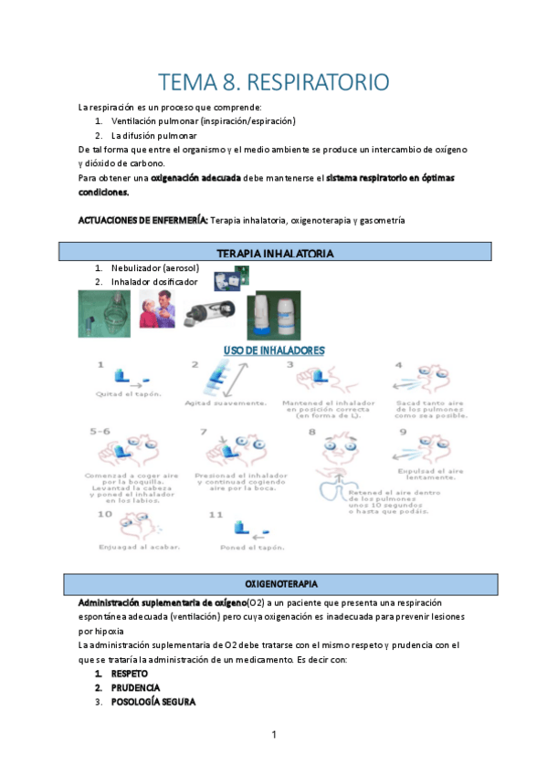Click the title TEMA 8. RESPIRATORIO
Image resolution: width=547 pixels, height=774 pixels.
coord(273,81)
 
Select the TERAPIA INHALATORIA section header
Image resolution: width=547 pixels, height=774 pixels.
coord(274,253)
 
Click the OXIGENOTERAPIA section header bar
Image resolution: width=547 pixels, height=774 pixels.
coord(274,582)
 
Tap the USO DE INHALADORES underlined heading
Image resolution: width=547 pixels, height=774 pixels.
coord(274,350)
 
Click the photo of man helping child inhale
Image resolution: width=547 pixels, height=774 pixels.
coord(157,315)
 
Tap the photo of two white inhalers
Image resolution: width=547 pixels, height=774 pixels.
coord(274,315)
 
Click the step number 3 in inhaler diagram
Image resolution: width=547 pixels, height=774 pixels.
coord(290,365)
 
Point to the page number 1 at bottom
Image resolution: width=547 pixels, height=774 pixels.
coord(274,735)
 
